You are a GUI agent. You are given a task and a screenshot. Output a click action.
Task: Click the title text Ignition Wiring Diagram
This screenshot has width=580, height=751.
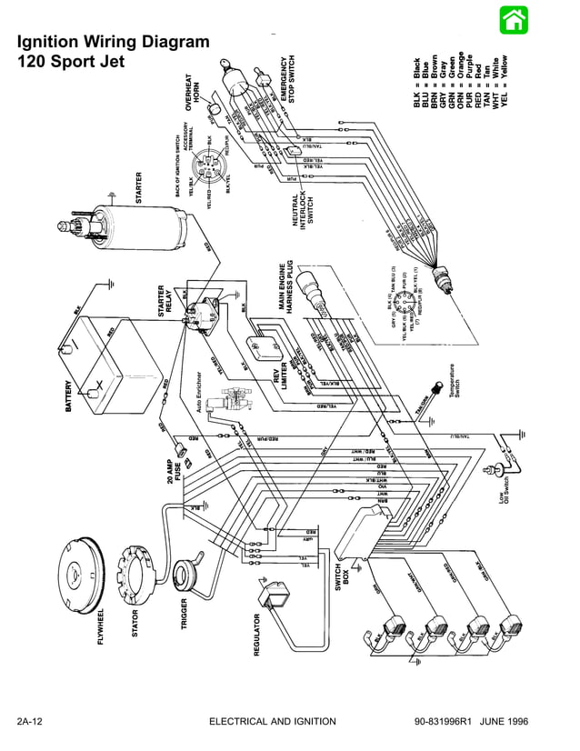114,42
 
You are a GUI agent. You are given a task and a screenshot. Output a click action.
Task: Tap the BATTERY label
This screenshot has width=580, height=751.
69,396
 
